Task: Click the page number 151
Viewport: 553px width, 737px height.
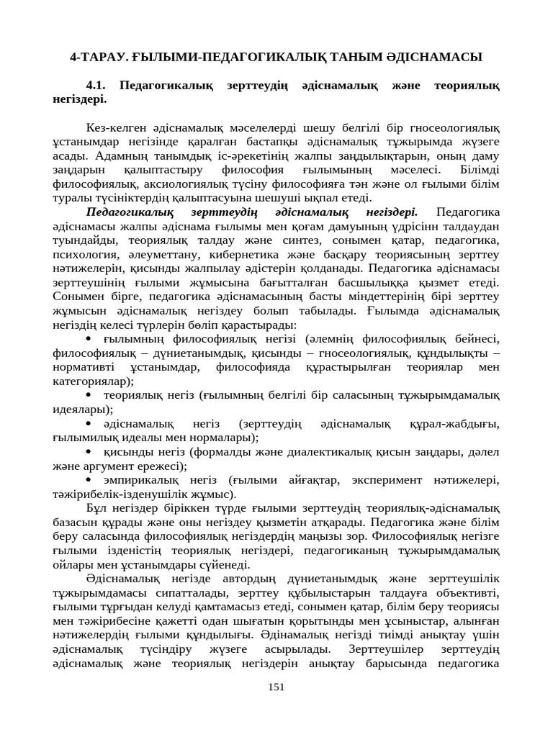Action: click(276, 687)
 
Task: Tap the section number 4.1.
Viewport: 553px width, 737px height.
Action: click(96, 85)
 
